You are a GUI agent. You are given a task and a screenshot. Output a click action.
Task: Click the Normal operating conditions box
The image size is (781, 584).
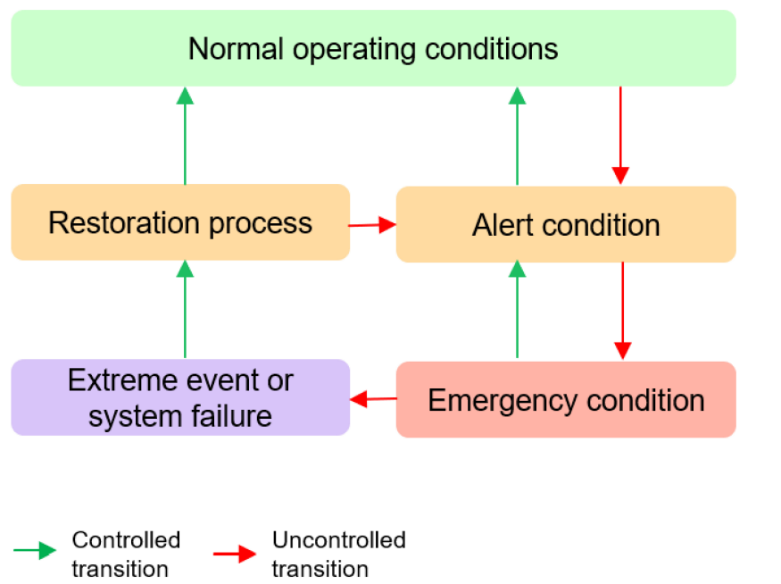coord(373,48)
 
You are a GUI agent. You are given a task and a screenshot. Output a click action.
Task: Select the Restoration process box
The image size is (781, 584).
coord(180,222)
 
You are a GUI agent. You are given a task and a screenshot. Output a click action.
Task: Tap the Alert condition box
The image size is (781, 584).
coord(566,225)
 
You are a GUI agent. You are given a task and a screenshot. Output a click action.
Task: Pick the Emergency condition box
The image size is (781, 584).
coord(566,400)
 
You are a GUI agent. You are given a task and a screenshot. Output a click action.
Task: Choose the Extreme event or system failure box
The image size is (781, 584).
coord(180,397)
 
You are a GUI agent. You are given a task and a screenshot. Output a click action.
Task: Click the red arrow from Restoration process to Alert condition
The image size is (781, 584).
coord(372,225)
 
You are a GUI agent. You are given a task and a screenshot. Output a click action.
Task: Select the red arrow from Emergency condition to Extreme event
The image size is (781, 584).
coord(373,399)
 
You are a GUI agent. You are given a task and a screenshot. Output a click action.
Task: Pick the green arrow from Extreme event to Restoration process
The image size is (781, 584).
coord(185,309)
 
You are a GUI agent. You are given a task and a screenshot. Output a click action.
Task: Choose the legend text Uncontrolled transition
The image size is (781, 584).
coord(338,555)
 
